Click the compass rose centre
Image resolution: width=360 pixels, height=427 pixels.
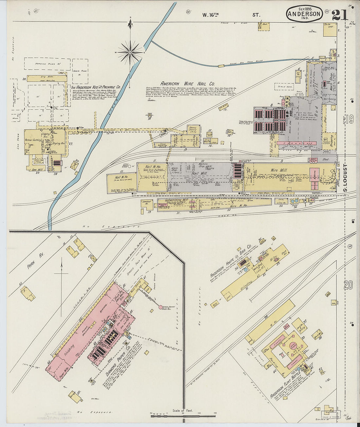pos(130,52)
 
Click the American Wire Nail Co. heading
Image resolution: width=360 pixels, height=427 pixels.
pos(187,83)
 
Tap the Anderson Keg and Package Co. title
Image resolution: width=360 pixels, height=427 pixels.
pos(96,88)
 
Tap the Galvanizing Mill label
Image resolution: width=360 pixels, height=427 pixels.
pos(176,200)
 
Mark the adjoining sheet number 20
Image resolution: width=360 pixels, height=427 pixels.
pos(348,285)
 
